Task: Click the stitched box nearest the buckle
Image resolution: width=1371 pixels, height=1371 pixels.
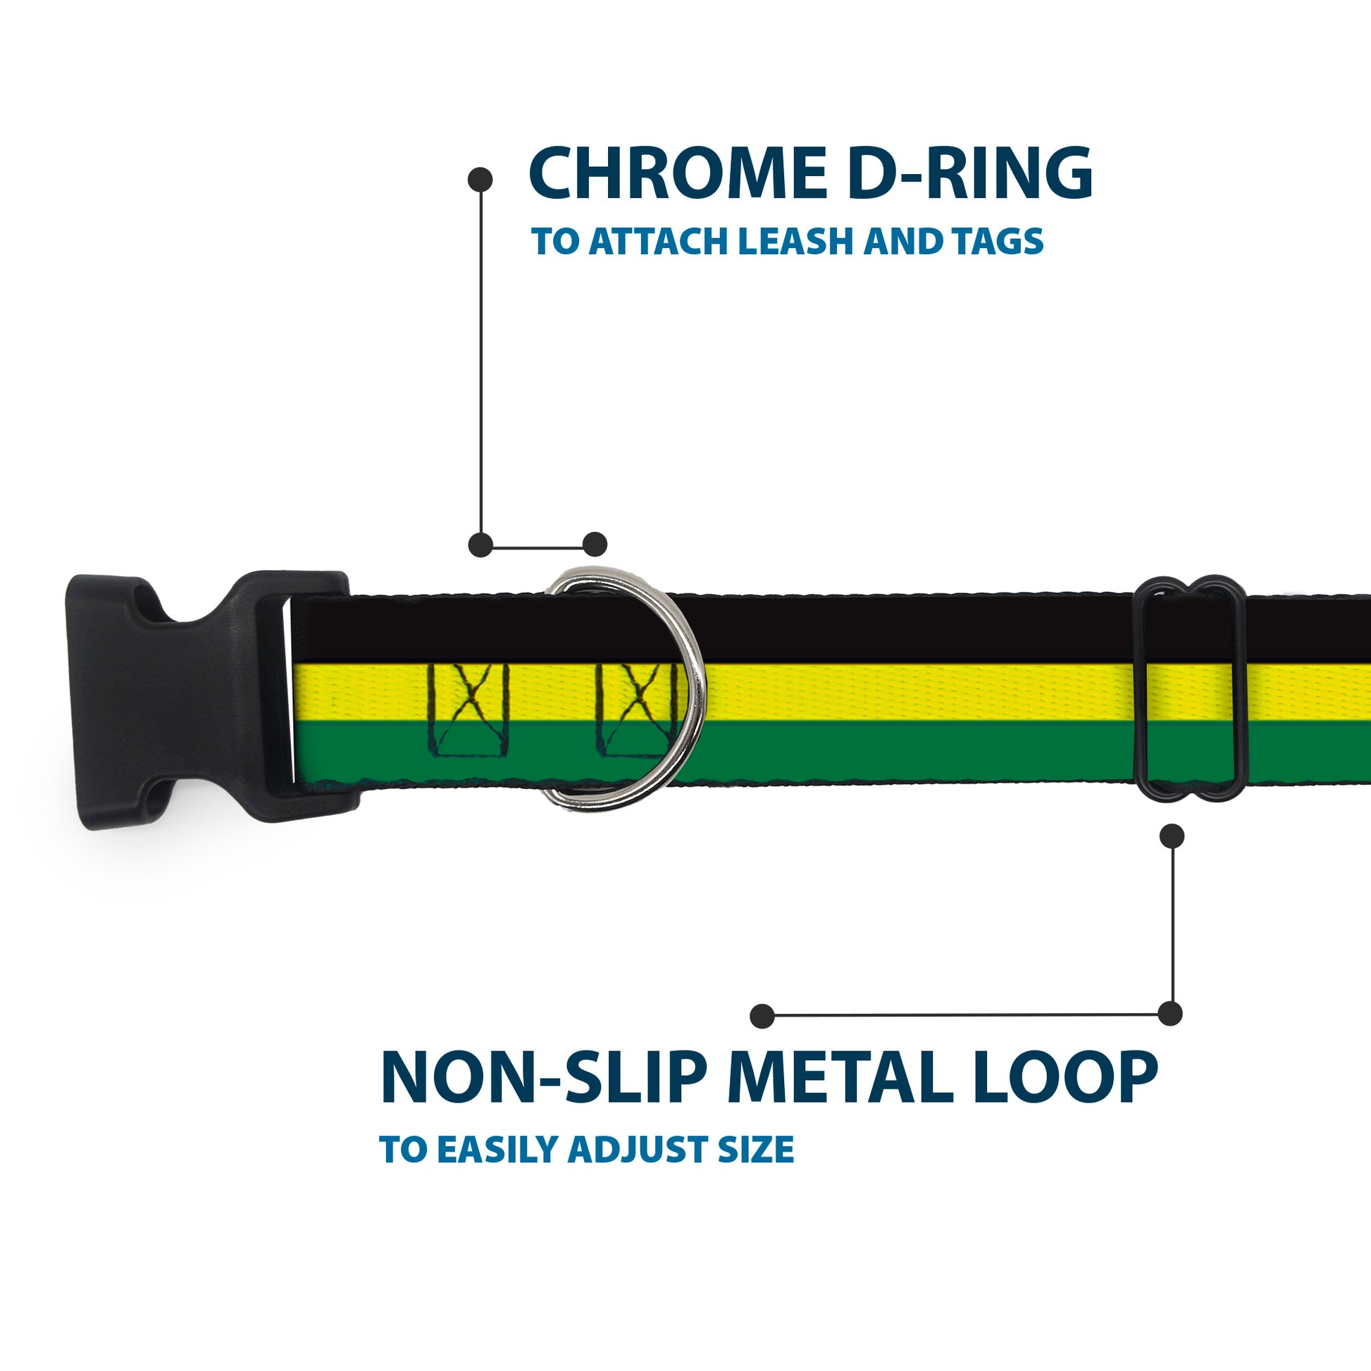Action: click(468, 709)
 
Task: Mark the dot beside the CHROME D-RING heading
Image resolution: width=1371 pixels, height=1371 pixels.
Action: click(480, 180)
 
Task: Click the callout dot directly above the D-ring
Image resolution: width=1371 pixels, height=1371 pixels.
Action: click(595, 545)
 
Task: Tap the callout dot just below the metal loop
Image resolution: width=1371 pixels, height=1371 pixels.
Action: click(1172, 836)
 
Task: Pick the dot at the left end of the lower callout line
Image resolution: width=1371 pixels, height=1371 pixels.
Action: click(762, 1015)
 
